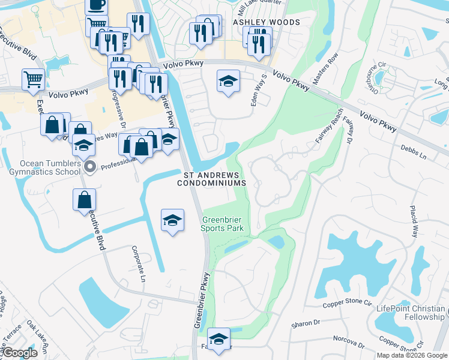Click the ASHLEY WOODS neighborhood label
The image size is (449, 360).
(266, 22)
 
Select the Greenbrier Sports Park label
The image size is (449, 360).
(223, 224)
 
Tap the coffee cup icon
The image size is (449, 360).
(96, 5)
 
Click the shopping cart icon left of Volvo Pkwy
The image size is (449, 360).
(34, 79)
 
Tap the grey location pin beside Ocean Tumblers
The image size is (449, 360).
(90, 167)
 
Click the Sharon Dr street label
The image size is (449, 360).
(306, 323)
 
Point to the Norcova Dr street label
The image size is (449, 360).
(348, 342)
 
